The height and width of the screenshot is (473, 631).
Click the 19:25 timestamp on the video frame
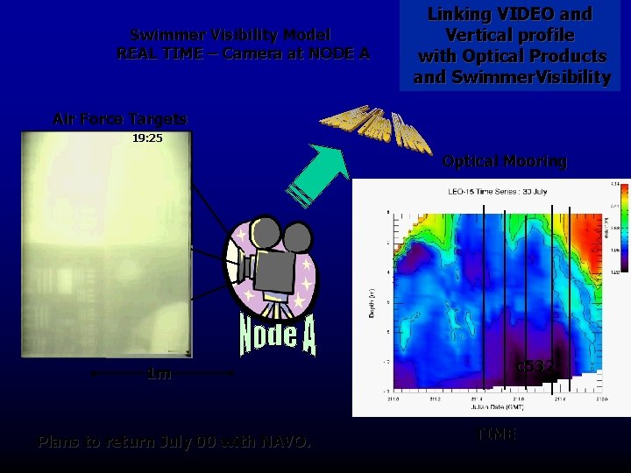coord(147,138)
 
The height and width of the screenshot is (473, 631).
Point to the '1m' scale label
coord(159,374)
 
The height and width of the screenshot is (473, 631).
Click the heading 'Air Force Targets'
coord(120,118)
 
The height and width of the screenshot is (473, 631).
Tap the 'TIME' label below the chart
coord(497,434)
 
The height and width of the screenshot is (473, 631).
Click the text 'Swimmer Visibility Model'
coord(230,35)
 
